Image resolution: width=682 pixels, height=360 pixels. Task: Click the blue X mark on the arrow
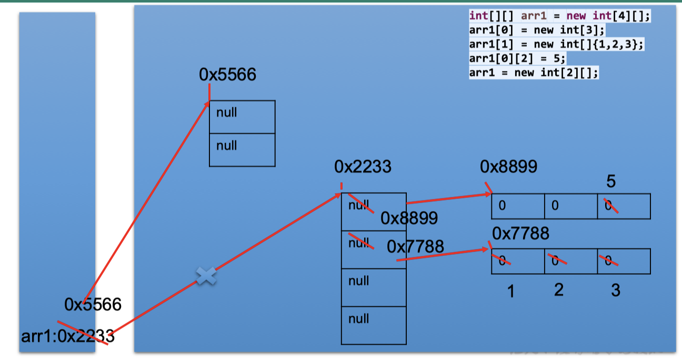206,276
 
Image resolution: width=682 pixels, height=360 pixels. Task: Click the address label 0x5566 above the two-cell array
227,75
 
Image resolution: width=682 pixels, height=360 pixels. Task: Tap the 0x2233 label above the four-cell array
363,167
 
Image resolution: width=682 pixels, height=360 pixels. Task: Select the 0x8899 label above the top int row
508,167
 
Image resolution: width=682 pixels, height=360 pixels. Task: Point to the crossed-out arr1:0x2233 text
68,336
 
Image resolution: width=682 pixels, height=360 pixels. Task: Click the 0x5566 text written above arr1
93,304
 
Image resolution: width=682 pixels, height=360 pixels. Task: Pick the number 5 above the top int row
611,182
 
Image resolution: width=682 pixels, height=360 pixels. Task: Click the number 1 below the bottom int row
510,291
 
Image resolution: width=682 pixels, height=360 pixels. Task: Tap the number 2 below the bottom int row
558,289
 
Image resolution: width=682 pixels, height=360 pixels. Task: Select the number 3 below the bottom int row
615,290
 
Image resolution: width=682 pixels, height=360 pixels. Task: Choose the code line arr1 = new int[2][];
534,73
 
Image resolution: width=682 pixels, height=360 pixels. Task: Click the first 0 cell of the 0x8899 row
518,206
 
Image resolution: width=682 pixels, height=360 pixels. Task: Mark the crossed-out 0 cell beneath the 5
624,206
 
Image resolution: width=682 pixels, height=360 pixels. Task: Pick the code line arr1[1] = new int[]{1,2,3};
556,44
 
